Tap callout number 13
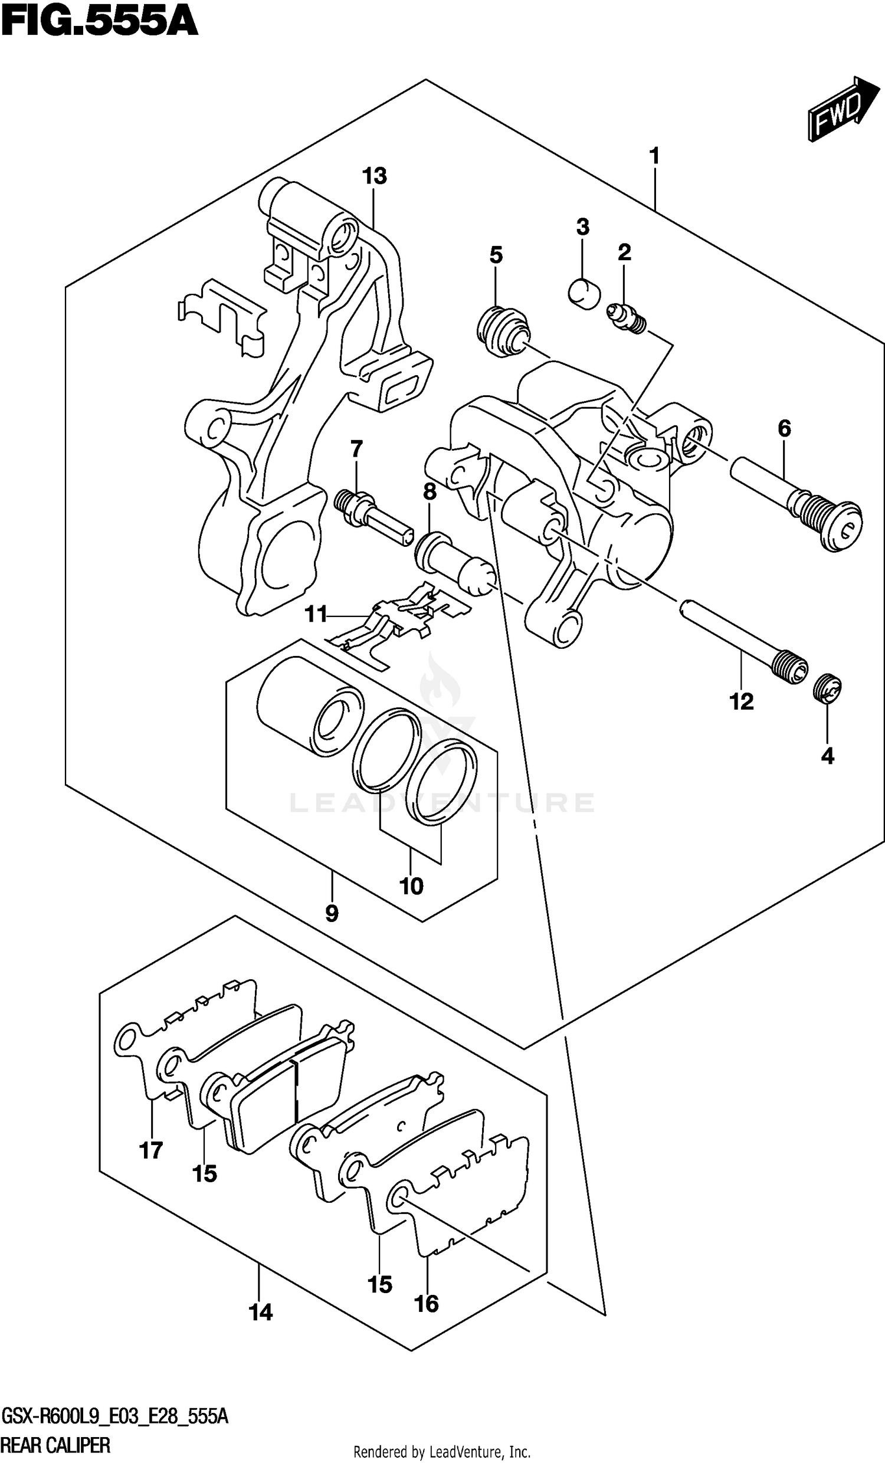pos(375,176)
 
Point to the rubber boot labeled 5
pos(503,331)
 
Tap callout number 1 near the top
pos(654,157)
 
